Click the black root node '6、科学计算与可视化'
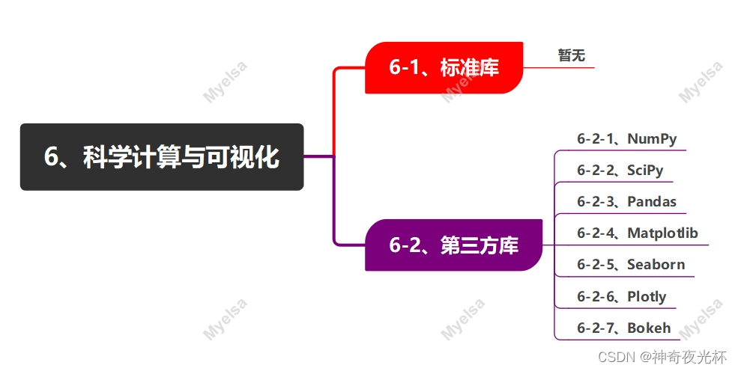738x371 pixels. pyautogui.click(x=161, y=157)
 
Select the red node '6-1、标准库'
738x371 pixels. pyautogui.click(x=443, y=68)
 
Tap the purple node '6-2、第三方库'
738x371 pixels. pyautogui.click(x=453, y=245)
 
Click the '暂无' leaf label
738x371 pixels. pyautogui.click(x=571, y=55)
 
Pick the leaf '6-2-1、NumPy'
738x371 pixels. pyautogui.click(x=626, y=139)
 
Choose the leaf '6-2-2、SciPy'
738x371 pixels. pyautogui.click(x=620, y=171)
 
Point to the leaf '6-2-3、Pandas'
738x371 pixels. pyautogui.click(x=626, y=202)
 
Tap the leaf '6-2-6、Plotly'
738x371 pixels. pyautogui.click(x=621, y=297)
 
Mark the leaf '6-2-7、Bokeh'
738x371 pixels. pyautogui.click(x=623, y=328)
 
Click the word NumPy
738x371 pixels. pyautogui.click(x=652, y=139)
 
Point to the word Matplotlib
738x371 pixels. pyautogui.click(x=662, y=233)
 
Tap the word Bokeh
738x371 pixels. pyautogui.click(x=649, y=328)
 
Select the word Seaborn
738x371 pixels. pyautogui.click(x=656, y=265)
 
